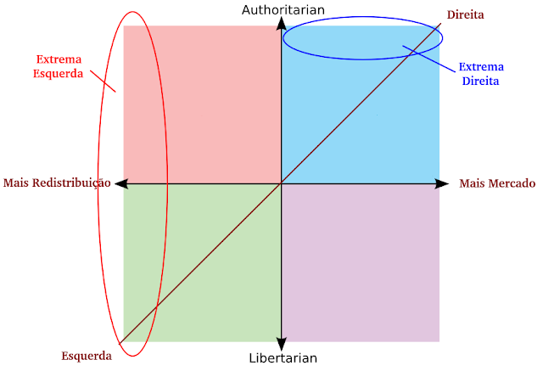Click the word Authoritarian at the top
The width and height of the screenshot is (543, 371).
pyautogui.click(x=283, y=10)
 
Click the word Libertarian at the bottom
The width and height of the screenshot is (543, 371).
pyautogui.click(x=283, y=357)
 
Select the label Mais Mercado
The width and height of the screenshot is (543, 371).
pyautogui.click(x=497, y=183)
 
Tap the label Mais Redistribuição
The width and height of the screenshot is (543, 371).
pyautogui.click(x=58, y=183)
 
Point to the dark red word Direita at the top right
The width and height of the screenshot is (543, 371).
pyautogui.click(x=467, y=14)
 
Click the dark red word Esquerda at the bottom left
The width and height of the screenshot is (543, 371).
pyautogui.click(x=87, y=356)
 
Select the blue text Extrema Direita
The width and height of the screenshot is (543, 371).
pyautogui.click(x=479, y=75)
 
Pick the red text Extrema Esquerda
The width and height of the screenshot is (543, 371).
pyautogui.click(x=59, y=67)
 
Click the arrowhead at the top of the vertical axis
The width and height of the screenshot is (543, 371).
pyautogui.click(x=281, y=23)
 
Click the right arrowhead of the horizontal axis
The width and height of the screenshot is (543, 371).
pyautogui.click(x=443, y=183)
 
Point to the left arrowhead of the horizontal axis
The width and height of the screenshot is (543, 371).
pyautogui.click(x=120, y=183)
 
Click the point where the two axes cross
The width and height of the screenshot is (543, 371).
pyautogui.click(x=281, y=183)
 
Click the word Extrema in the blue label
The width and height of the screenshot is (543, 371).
pyautogui.click(x=479, y=67)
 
